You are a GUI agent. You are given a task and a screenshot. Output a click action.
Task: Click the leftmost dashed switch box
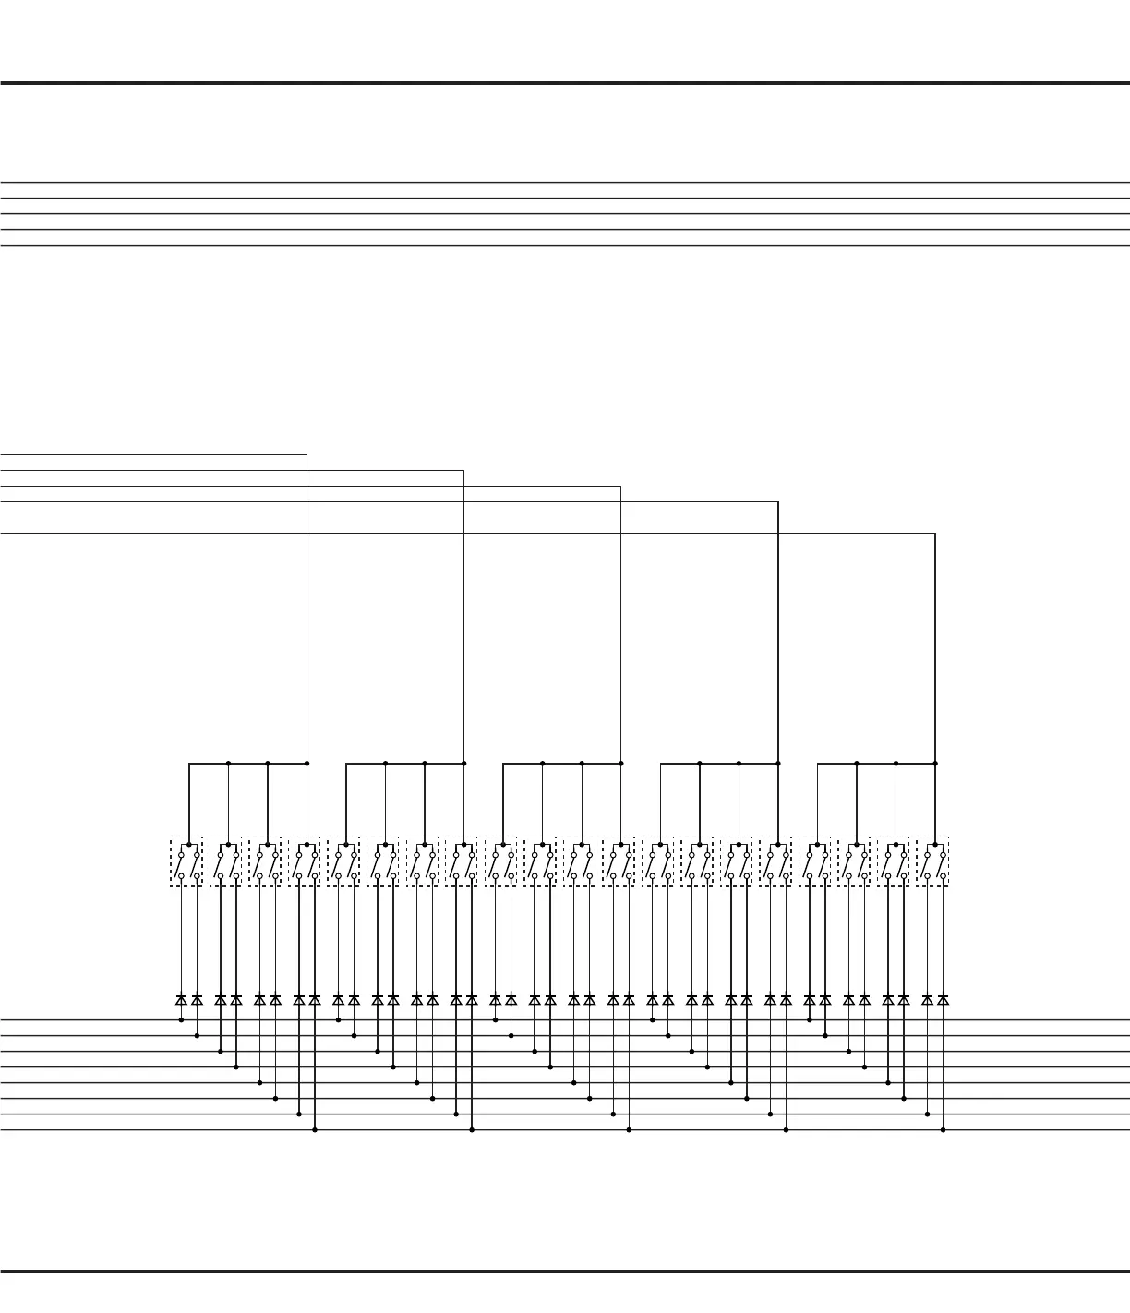[186, 862]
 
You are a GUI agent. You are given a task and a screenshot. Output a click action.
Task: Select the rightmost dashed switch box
[932, 862]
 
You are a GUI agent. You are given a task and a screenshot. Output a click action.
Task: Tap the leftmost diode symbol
[181, 1000]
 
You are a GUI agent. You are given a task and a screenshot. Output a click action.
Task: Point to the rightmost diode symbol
[943, 1000]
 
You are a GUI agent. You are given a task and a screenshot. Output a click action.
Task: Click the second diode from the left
[197, 1000]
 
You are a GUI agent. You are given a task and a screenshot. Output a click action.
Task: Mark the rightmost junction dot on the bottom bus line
[943, 1130]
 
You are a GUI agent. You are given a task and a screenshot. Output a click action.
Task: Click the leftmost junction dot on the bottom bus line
[315, 1130]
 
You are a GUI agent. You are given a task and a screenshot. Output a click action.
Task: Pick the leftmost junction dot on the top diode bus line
[181, 1020]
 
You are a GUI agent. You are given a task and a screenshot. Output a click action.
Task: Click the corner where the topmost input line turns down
[307, 455]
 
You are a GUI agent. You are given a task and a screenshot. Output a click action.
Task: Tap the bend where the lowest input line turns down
[935, 534]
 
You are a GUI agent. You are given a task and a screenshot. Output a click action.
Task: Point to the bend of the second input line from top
[463, 471]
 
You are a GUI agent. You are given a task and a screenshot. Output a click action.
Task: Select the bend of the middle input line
[621, 487]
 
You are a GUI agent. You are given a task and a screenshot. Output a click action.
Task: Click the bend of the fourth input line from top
[778, 502]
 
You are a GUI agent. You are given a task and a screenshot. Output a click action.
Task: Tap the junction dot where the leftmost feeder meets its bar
[307, 764]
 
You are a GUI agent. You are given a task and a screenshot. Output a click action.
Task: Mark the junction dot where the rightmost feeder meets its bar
[935, 764]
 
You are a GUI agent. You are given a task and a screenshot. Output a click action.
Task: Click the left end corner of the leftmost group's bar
[189, 764]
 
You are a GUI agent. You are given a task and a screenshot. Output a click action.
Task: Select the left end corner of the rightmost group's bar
[818, 764]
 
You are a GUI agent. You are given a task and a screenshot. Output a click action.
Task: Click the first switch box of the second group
[343, 862]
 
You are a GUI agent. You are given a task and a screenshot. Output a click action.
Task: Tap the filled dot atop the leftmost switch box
[189, 844]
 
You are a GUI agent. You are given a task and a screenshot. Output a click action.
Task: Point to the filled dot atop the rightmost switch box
[935, 844]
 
